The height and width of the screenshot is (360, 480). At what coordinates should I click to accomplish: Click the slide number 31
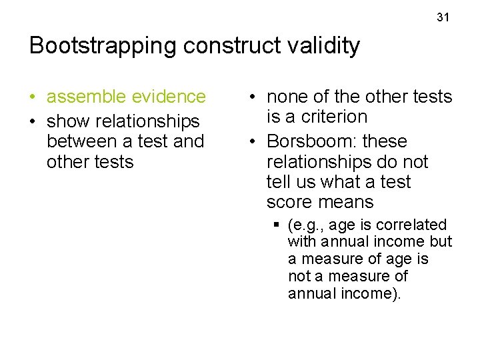(443, 17)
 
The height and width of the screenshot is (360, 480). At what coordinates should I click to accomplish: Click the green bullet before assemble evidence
(33, 97)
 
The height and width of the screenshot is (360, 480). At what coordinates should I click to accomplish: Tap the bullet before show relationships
(33, 122)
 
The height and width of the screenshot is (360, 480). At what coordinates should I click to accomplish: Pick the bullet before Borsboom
(253, 142)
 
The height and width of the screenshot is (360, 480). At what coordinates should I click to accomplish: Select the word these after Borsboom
(385, 141)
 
